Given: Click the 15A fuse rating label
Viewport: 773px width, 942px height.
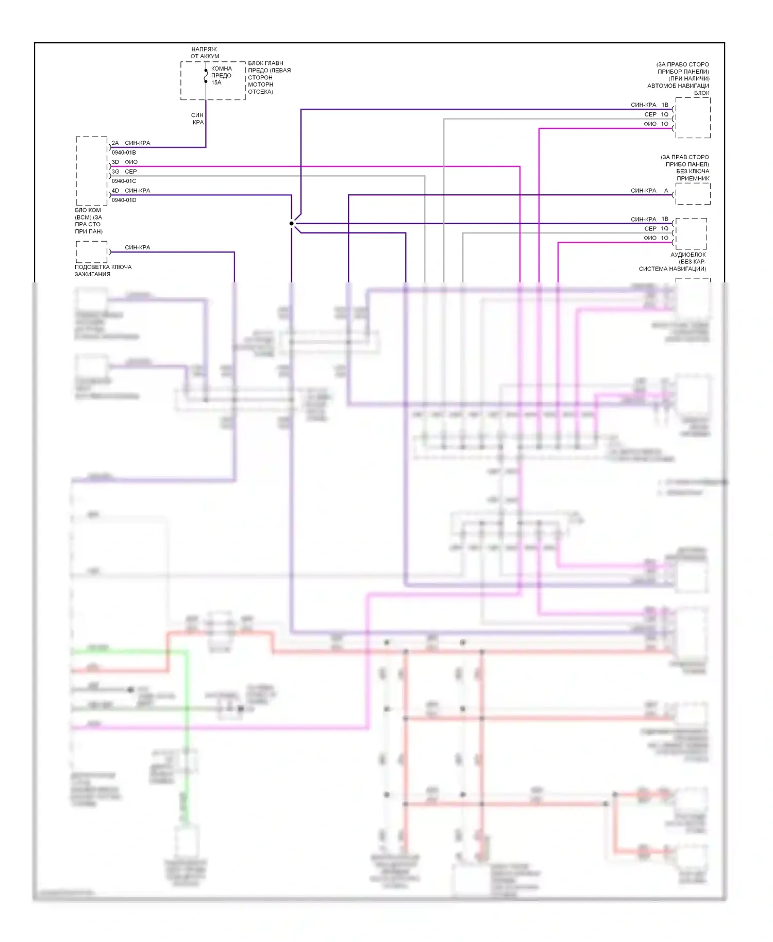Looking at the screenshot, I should click(x=216, y=82).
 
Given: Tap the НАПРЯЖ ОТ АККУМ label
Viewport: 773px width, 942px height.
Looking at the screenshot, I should click(x=205, y=53).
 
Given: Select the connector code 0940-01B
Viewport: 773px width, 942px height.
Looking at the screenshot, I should click(x=124, y=153).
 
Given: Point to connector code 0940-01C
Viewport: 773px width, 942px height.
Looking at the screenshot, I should click(x=124, y=181).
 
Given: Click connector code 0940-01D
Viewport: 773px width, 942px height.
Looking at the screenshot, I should click(x=124, y=200).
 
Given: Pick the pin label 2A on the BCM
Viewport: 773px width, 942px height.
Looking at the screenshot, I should click(x=115, y=143).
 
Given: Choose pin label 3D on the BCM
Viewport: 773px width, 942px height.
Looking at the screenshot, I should click(x=115, y=162).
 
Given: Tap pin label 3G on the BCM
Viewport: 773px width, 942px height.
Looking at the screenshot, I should click(x=115, y=172).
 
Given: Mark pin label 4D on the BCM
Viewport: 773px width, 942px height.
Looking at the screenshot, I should click(x=115, y=191).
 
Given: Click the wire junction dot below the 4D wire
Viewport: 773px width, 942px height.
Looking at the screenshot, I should click(x=292, y=223).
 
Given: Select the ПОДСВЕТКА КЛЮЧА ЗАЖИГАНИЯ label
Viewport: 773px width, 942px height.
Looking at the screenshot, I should click(x=103, y=271).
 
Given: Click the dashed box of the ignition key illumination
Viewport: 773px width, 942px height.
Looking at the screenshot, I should click(x=92, y=252).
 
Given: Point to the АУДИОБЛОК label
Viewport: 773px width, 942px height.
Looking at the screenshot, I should click(x=688, y=255).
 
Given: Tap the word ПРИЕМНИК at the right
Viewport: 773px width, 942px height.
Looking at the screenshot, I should click(x=693, y=178).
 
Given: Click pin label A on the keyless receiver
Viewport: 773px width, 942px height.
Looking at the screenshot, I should click(x=666, y=191).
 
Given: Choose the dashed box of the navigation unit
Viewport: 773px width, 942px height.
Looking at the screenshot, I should click(x=693, y=117).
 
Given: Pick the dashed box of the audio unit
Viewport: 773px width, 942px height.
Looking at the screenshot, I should click(x=691, y=233).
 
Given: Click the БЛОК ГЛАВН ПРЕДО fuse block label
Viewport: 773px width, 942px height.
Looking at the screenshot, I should click(x=269, y=77).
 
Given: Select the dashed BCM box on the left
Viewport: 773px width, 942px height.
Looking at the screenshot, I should click(x=92, y=171).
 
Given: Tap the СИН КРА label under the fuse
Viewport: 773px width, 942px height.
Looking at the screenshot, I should click(x=198, y=119).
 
